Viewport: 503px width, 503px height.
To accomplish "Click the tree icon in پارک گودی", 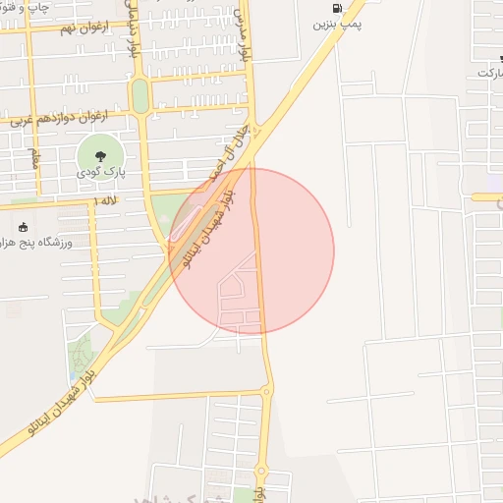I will coord(99,155).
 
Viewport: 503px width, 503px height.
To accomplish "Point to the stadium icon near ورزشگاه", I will coord(24,227).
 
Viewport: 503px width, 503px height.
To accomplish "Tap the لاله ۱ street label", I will coord(104,200).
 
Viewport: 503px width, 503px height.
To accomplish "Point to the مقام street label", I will coord(34,157).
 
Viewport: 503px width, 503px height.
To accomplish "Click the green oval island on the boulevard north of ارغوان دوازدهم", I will coord(140,95).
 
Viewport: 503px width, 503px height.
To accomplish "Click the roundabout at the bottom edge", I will coord(261,471).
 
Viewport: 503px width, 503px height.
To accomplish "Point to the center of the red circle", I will coord(251,251).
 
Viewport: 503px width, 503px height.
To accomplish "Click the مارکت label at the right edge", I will coord(489,73).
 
